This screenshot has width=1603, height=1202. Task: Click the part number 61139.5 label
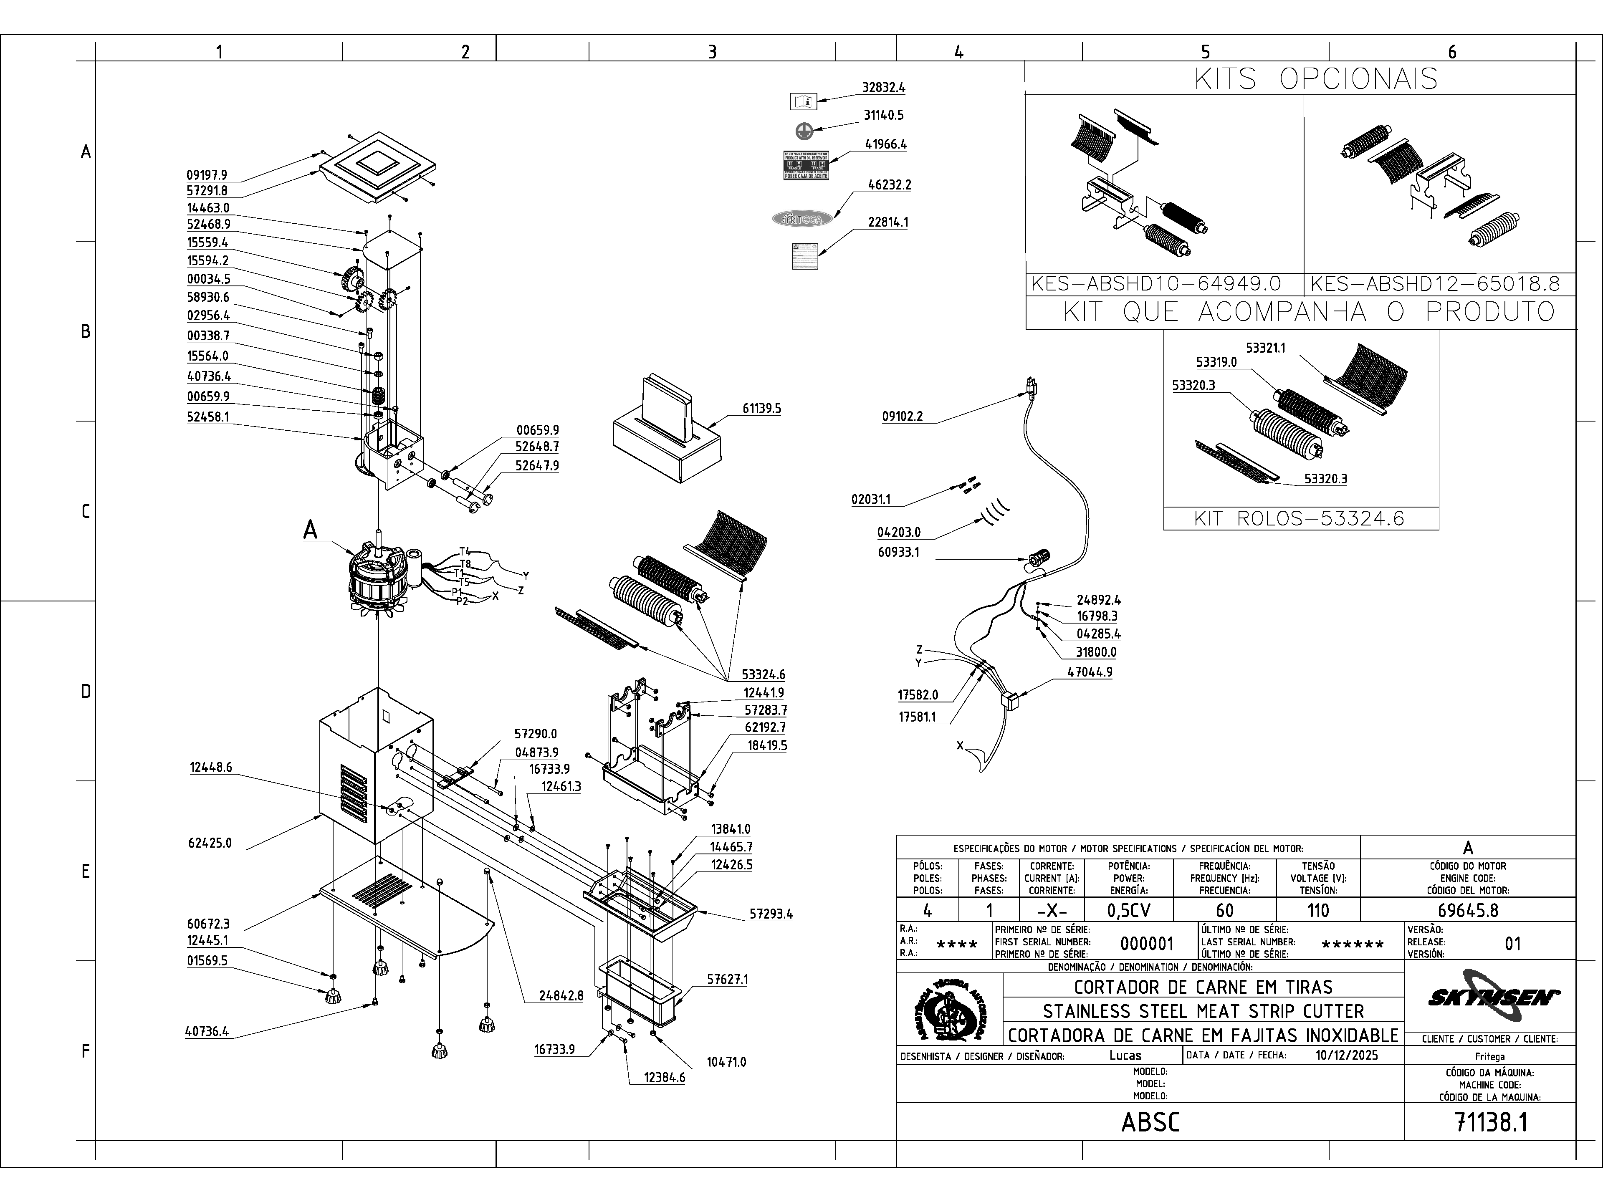(x=762, y=409)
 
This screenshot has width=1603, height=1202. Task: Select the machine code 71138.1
(x=1491, y=1122)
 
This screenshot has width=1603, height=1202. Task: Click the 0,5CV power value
(x=1129, y=910)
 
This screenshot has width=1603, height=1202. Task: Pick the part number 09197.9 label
(x=207, y=174)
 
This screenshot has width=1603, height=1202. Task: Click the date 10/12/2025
(x=1346, y=1055)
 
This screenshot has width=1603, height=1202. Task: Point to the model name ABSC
(x=1150, y=1122)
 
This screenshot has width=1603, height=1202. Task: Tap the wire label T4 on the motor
(x=465, y=551)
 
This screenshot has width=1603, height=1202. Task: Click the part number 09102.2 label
(x=902, y=417)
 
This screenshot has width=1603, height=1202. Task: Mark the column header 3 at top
(x=712, y=51)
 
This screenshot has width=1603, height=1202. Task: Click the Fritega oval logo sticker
(x=802, y=218)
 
